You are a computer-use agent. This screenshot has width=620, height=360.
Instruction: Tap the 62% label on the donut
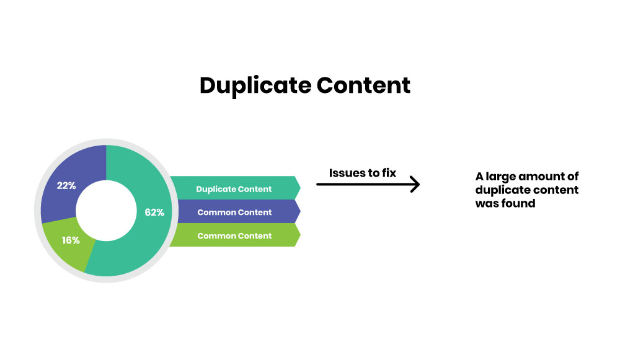point(154,213)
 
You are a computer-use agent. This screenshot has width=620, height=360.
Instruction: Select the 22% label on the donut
point(66,185)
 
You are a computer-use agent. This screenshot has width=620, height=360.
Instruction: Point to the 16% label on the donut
point(71,240)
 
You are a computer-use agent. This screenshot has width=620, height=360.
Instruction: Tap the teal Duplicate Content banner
point(234,188)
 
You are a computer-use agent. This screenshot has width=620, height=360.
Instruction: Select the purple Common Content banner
point(234,212)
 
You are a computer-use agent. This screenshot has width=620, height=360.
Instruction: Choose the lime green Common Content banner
point(234,235)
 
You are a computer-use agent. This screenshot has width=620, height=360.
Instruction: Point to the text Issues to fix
point(362,172)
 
